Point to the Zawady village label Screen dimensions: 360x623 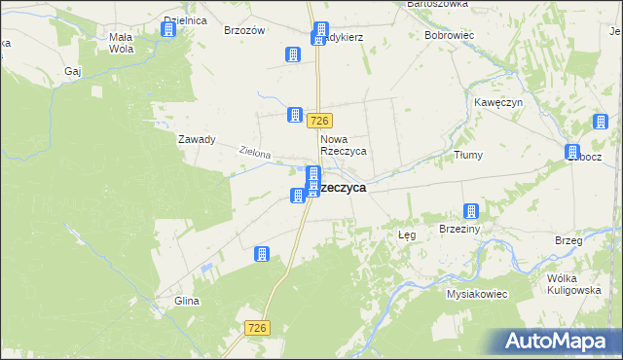coord(196,139)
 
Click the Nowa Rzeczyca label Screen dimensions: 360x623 coord(343,145)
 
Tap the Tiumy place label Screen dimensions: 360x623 coord(468,155)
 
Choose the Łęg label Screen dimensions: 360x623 coord(408,235)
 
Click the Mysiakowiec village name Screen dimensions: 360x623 coord(478,293)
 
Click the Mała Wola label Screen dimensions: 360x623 coord(121,43)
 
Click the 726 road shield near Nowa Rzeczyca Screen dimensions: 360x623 coord(321,121)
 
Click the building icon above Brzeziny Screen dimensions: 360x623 coord(471,211)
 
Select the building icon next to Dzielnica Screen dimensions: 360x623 coord(167,29)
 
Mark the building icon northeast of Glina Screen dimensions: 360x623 coord(261,254)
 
